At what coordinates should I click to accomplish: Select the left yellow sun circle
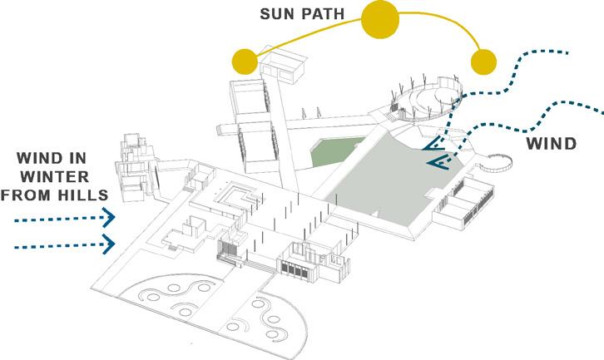(245, 61)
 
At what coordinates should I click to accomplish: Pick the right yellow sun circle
(483, 61)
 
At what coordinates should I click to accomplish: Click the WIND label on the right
(551, 143)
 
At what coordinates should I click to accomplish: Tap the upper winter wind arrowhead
(108, 219)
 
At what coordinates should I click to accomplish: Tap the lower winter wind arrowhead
(108, 244)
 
